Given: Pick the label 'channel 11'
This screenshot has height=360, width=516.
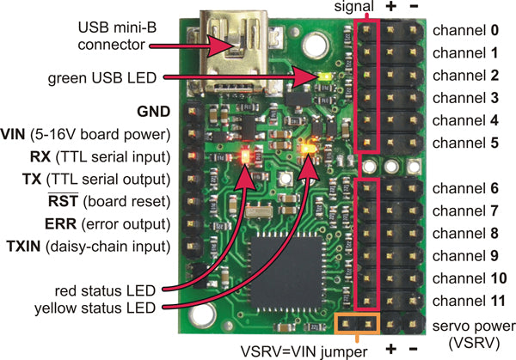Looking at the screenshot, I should coord(465,300).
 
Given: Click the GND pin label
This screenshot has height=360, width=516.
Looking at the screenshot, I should coord(154,111).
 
